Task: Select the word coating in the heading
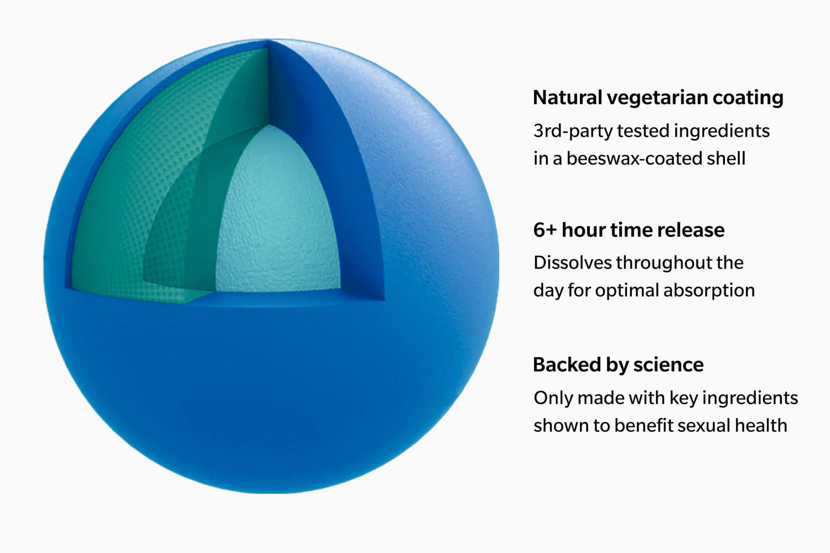[x=748, y=98]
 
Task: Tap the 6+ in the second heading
[x=544, y=230]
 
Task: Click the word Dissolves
[x=572, y=263]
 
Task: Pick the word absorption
[x=709, y=291]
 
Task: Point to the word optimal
[x=627, y=291]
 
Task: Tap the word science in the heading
[x=668, y=365]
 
